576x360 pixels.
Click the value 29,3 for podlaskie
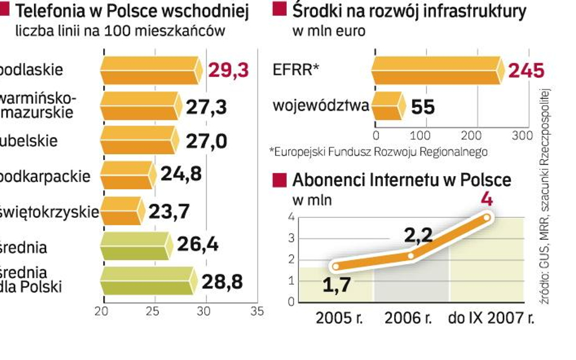[x=228, y=70]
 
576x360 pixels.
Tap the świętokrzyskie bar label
[x=50, y=212]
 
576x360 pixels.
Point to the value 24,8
[x=180, y=175]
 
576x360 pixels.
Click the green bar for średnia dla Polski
[x=148, y=282]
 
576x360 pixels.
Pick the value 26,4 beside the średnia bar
[x=197, y=246]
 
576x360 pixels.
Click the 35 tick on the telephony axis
[x=257, y=311]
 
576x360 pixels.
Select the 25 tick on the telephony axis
[x=153, y=311]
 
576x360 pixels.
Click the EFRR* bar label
[x=296, y=70]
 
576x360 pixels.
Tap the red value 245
[x=526, y=70]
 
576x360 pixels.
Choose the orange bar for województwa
[x=387, y=106]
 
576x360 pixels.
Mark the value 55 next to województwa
[x=423, y=107]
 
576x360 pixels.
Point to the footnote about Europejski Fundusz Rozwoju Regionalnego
[x=378, y=151]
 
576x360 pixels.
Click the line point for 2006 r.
[x=411, y=256]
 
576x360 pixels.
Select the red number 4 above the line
[x=486, y=199]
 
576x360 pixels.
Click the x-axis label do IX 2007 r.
[x=491, y=318]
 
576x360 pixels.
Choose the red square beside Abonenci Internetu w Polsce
[x=279, y=180]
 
